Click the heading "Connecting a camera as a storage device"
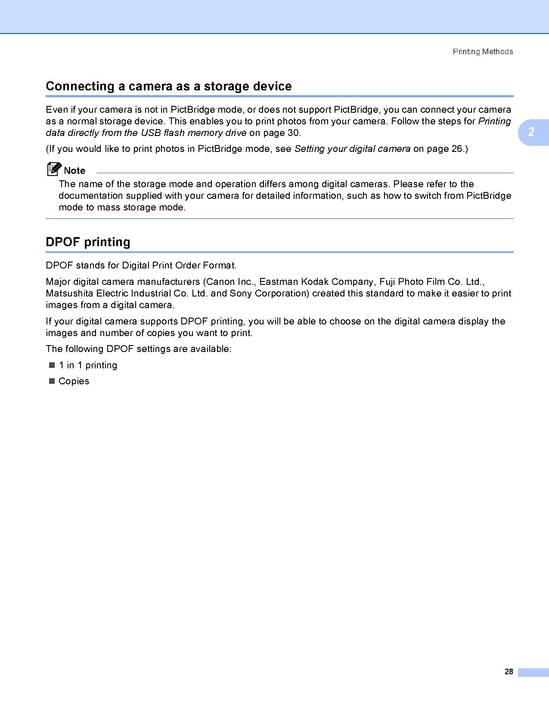tap(168, 86)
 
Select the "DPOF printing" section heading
tap(88, 242)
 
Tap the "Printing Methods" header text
tap(483, 52)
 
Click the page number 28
tap(509, 672)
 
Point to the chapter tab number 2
tap(531, 132)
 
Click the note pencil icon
tap(53, 169)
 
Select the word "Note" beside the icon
tap(74, 170)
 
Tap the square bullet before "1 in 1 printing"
tap(52, 365)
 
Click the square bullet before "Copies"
tap(52, 381)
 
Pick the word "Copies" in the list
tap(74, 381)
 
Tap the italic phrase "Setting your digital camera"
tap(352, 149)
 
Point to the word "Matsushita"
tap(69, 293)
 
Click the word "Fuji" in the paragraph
tap(387, 282)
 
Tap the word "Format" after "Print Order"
tap(219, 265)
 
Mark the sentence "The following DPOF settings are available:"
tap(139, 349)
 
